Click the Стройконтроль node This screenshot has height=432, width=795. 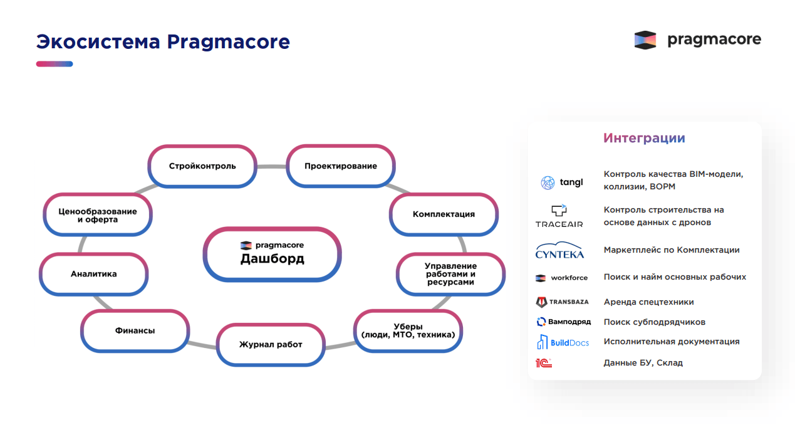coord(202,166)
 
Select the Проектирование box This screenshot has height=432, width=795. coord(341,166)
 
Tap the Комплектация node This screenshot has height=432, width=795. coord(444,214)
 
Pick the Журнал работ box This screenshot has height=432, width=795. coord(271,344)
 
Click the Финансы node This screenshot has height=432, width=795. coord(135,330)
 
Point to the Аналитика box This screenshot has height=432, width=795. coord(93,274)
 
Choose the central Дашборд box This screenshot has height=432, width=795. coord(272,253)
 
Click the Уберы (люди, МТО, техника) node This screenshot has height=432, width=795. coord(408,330)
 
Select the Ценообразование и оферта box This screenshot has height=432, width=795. coord(97,215)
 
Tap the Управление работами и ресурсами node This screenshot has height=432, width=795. coord(450,274)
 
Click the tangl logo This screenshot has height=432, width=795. coord(562,182)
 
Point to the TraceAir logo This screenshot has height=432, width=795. coord(559,216)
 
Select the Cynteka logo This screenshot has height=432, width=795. coord(559,250)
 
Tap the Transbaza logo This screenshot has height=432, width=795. coord(562,302)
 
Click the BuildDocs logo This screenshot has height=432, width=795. coord(563,342)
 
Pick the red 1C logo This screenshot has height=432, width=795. coord(543,363)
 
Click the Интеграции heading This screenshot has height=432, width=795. coord(644,138)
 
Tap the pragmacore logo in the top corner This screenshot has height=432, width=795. coord(697,40)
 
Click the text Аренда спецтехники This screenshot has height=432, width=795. coord(648,302)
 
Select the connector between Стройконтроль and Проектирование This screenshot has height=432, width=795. coord(271,167)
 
